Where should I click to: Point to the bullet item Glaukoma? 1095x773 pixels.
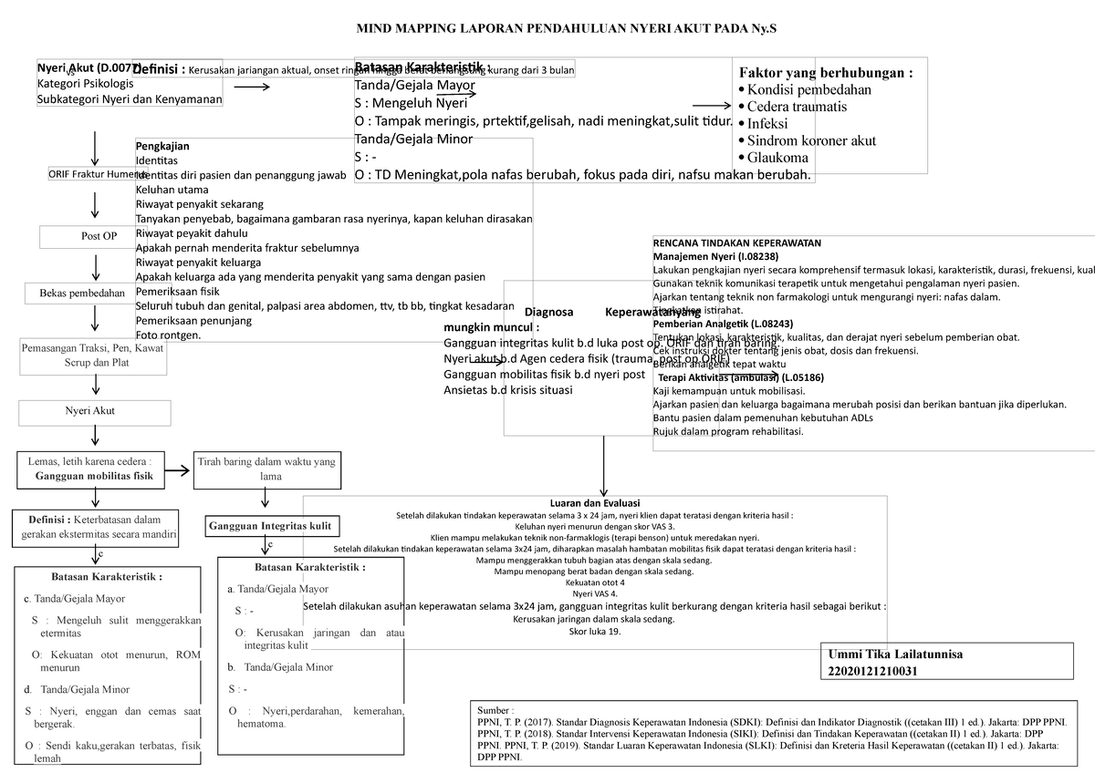click(x=777, y=158)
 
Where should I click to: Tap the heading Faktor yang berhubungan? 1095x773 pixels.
click(x=825, y=73)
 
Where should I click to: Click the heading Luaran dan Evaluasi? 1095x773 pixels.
click(x=594, y=504)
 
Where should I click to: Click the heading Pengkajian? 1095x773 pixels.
click(x=164, y=146)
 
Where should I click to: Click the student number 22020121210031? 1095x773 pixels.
click(x=872, y=671)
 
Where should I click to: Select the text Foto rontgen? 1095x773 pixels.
click(x=168, y=335)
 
